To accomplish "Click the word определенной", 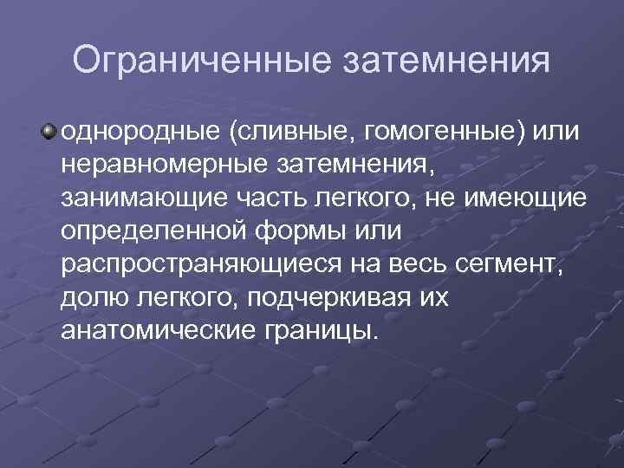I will click(153, 231).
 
